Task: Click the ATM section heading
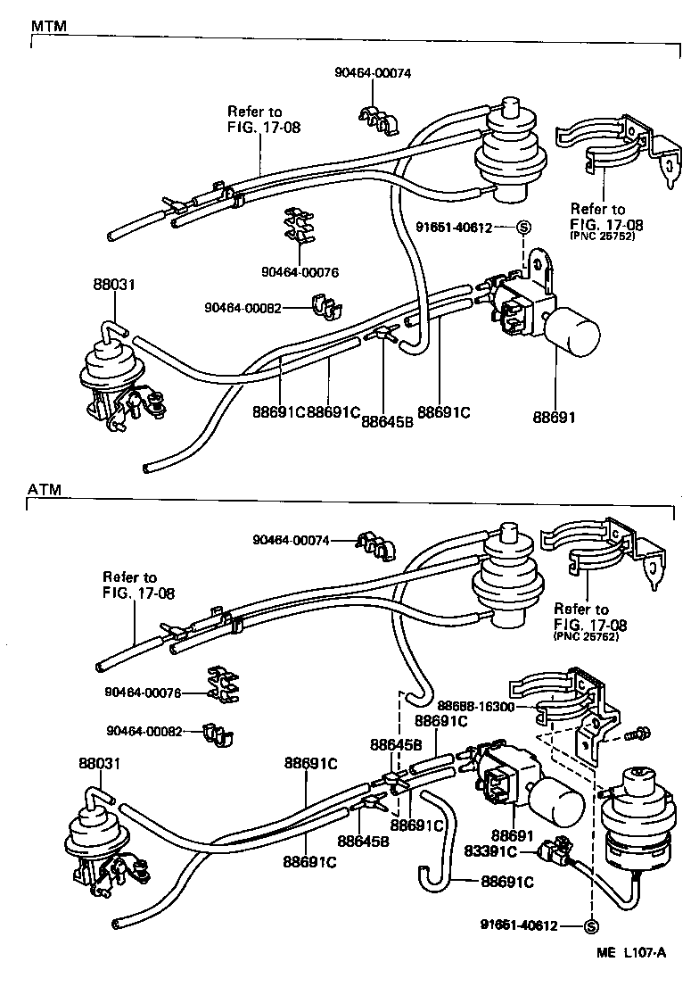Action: click(44, 490)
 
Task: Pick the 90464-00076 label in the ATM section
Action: click(143, 692)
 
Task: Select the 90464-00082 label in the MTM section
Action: click(243, 307)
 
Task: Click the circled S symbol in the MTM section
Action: click(524, 228)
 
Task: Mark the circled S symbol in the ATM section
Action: click(589, 925)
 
